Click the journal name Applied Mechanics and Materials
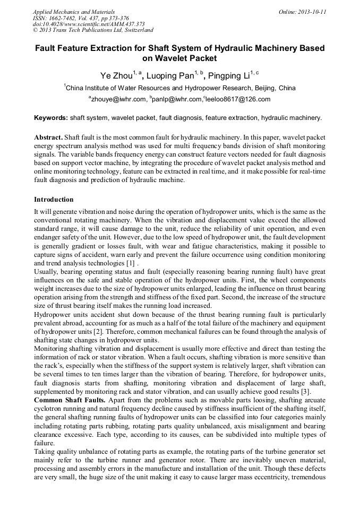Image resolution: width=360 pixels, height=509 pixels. pyautogui.click(x=74, y=12)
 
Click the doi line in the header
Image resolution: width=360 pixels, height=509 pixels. pyautogui.click(x=89, y=24)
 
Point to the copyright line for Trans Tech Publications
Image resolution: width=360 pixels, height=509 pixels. pyautogui.click(x=93, y=31)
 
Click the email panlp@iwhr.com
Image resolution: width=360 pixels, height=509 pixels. pyautogui.click(x=177, y=99)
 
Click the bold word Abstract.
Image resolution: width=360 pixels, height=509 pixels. pyautogui.click(x=49, y=137)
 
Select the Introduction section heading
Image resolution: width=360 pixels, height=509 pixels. pyautogui.click(x=54, y=200)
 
